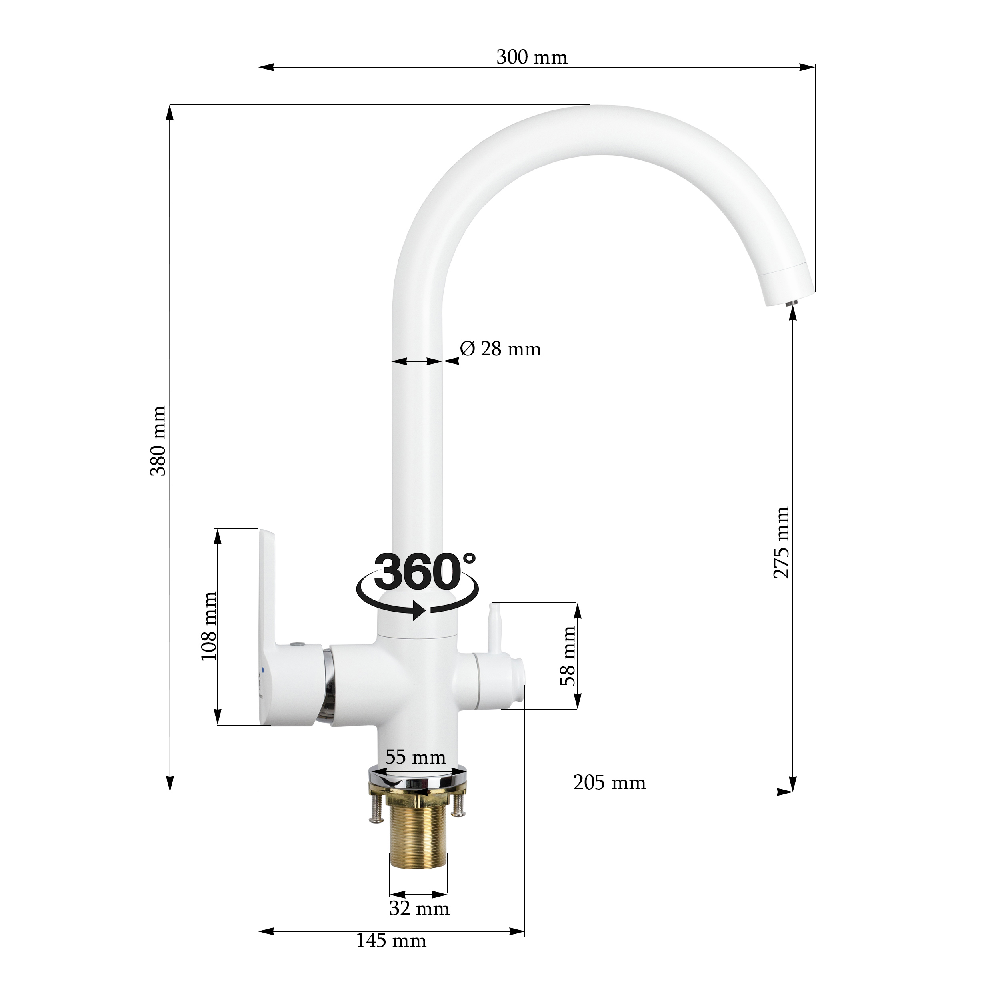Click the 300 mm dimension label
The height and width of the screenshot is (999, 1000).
point(532,57)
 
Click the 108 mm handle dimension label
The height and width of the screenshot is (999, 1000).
point(208,626)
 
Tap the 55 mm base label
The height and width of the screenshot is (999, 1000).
point(416,758)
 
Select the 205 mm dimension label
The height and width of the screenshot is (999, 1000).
point(610,782)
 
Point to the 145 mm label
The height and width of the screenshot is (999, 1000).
point(391,941)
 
